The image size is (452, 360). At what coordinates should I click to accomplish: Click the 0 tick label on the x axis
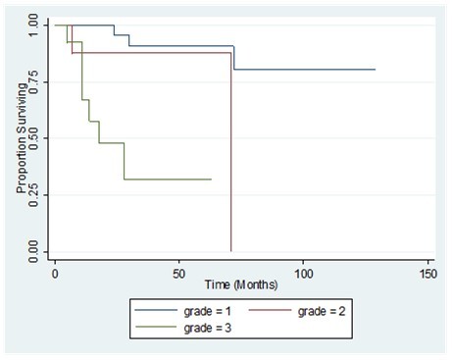(x=55, y=272)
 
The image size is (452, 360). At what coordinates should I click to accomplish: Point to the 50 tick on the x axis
(x=179, y=272)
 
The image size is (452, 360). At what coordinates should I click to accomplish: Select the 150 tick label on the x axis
(x=427, y=272)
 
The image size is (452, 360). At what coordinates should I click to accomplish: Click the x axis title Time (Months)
(x=241, y=284)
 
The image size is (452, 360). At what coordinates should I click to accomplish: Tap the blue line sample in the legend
(x=155, y=311)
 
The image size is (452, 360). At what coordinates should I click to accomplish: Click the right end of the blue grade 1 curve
(x=376, y=70)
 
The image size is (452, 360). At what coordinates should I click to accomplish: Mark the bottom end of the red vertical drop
(x=231, y=250)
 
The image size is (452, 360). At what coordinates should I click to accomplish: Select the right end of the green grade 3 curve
(x=212, y=179)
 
